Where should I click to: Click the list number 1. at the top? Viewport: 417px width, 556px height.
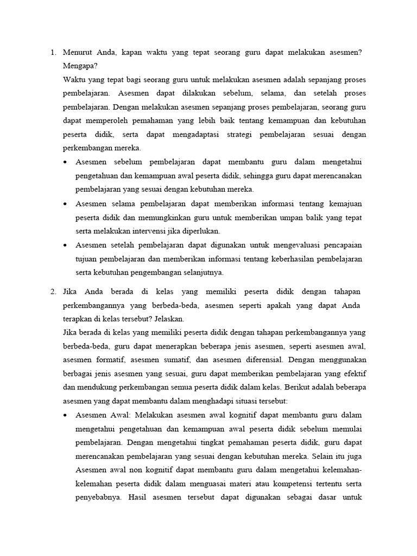click(53, 53)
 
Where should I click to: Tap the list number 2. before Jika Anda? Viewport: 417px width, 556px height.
click(53, 292)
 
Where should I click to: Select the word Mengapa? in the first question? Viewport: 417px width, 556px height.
click(80, 66)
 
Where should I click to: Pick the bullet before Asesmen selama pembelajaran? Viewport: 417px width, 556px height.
click(65, 204)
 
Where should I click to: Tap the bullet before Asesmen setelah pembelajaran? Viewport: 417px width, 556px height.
click(65, 245)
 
